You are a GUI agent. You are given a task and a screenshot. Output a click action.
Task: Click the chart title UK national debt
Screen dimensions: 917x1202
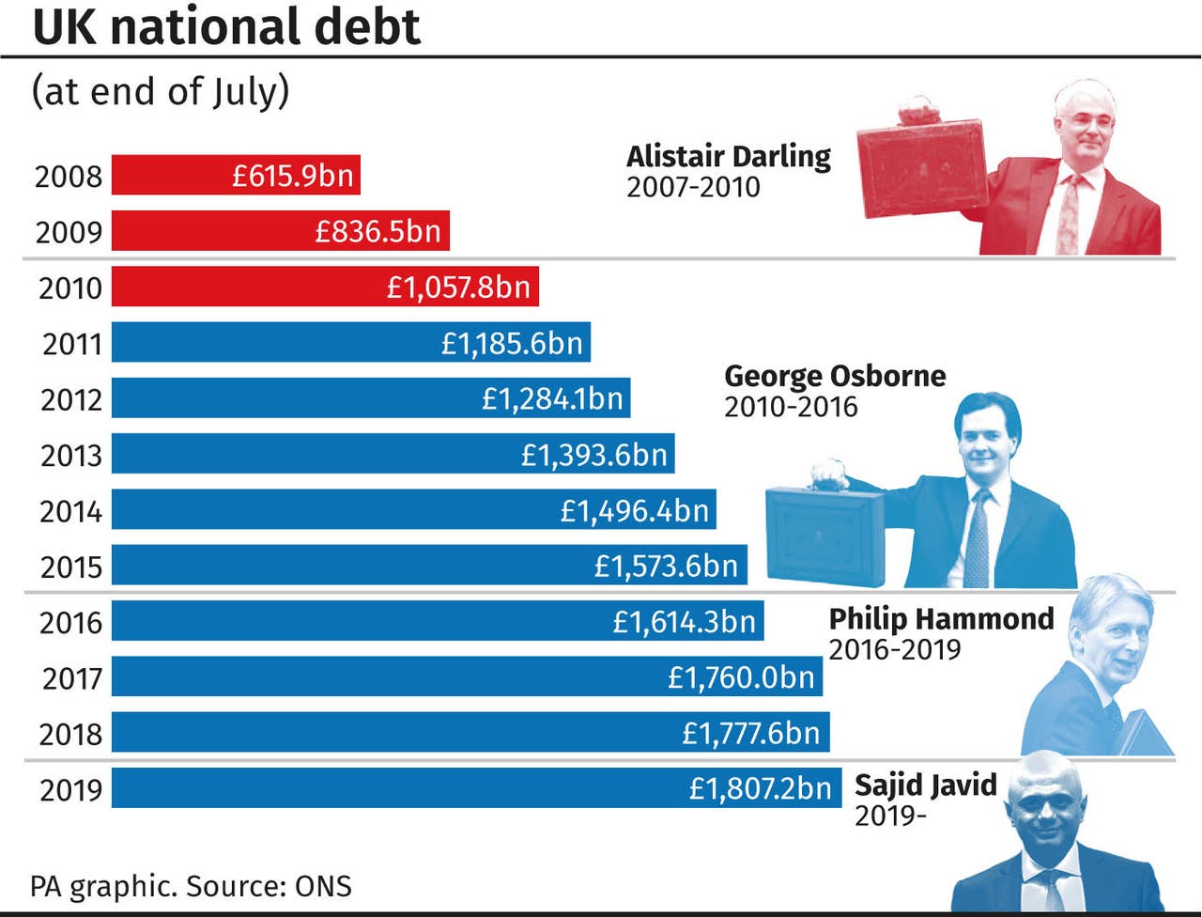(226, 26)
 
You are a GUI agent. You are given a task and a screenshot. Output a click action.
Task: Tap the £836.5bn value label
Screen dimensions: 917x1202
(378, 231)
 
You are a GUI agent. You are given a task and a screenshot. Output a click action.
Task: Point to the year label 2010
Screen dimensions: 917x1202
(70, 288)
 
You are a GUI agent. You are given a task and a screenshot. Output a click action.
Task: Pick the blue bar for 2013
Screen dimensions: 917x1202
(310, 455)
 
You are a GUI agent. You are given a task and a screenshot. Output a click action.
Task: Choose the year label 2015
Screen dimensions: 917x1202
(70, 567)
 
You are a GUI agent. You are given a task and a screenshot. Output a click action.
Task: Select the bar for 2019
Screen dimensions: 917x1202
(376, 788)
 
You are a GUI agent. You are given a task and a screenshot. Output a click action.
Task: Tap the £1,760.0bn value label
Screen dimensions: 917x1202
(741, 677)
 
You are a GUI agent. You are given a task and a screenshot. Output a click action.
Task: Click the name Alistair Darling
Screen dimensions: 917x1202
(729, 156)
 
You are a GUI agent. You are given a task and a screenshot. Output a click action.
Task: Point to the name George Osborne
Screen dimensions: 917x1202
(835, 376)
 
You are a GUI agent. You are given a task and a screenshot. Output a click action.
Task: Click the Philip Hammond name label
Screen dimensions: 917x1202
(941, 618)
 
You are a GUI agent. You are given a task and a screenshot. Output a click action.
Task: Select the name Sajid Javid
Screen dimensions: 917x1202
(925, 785)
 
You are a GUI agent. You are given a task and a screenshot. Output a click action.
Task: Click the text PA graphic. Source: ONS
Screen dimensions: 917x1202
(192, 886)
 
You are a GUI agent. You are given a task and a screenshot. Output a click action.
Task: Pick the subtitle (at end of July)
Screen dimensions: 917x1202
(161, 92)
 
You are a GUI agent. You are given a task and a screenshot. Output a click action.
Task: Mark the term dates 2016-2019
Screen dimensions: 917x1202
(895, 649)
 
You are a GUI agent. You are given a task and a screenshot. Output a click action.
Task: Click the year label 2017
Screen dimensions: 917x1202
(71, 678)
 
